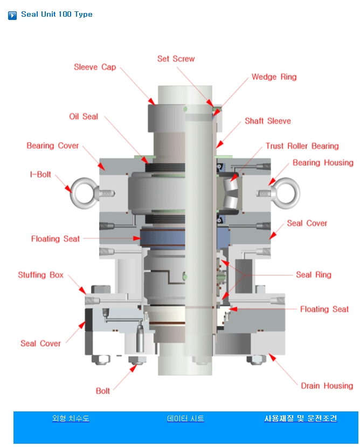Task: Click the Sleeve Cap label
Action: (x=95, y=67)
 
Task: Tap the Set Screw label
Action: (x=176, y=59)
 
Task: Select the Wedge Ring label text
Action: (x=274, y=77)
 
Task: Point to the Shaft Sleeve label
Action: (x=267, y=121)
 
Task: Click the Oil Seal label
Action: (x=84, y=116)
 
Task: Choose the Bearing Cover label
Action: (x=53, y=146)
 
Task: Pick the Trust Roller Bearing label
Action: (x=302, y=146)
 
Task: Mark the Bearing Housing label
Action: (x=323, y=163)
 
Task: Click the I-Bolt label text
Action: (x=40, y=175)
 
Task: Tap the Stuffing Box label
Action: (x=41, y=275)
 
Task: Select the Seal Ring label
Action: (x=314, y=275)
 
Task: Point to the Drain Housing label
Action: (x=327, y=386)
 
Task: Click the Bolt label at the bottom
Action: (x=103, y=391)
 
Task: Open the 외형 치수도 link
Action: (x=71, y=418)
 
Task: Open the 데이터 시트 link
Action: (x=185, y=418)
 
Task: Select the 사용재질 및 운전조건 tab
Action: (x=300, y=418)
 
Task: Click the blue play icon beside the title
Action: (x=12, y=15)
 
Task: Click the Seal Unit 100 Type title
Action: (x=57, y=15)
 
